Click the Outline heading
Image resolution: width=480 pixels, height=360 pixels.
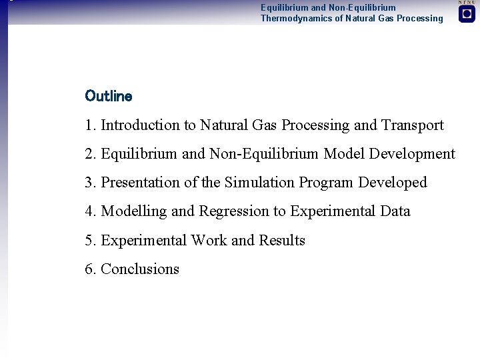(109, 96)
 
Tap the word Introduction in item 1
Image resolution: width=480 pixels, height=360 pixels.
(140, 125)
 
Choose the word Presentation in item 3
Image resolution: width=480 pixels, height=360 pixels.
(140, 183)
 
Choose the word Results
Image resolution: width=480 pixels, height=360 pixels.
(282, 241)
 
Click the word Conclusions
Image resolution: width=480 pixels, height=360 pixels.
(140, 269)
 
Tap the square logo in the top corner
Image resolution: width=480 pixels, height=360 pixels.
(467, 14)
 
